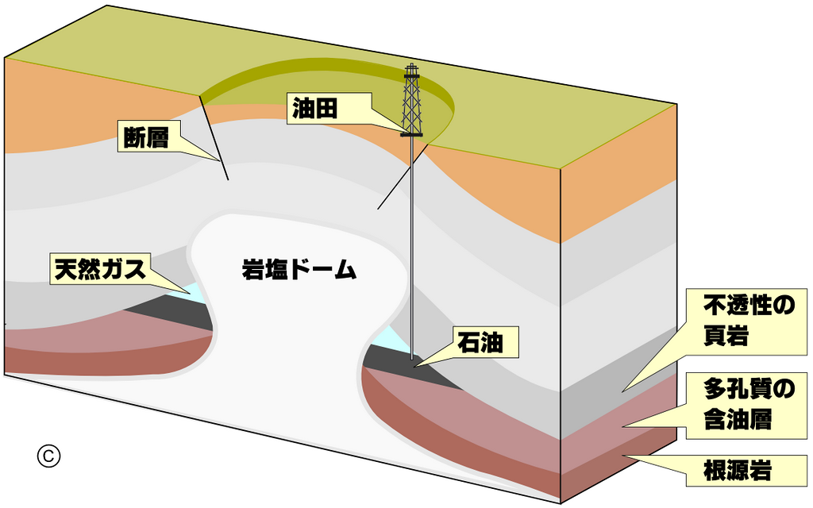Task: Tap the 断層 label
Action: coord(148,137)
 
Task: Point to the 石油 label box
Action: coord(485,343)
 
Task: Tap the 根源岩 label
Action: coord(738,471)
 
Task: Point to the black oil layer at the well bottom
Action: coord(412,368)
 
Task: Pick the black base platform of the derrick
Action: coord(411,133)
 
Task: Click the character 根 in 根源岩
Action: coord(715,471)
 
